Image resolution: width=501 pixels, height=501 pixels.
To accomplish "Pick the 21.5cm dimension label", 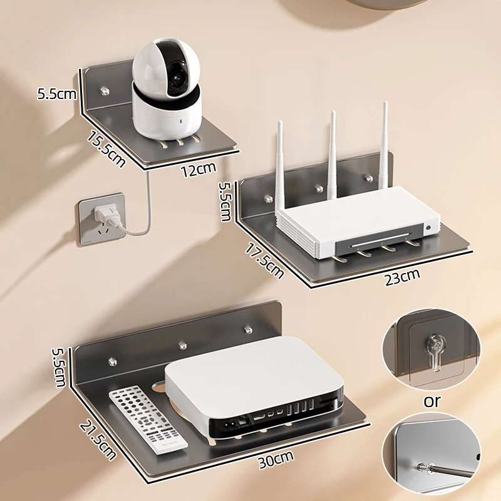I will point(98,438).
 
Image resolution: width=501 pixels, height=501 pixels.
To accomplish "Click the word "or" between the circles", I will point(432,401).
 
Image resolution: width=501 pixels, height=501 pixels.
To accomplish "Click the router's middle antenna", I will point(333,150).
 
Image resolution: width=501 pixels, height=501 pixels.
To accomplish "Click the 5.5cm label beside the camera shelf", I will point(57,95).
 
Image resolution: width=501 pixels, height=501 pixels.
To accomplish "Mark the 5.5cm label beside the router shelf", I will point(225,201).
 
